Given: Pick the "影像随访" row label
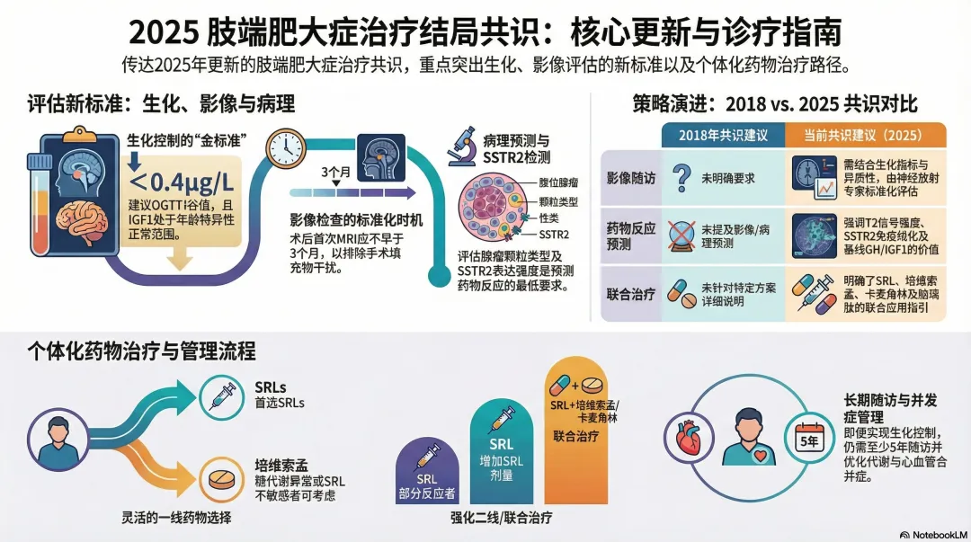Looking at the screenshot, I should pyautogui.click(x=631, y=177).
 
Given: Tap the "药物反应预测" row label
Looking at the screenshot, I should pyautogui.click(x=631, y=236).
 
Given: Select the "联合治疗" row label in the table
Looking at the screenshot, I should pyautogui.click(x=631, y=294).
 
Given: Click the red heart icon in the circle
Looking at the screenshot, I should pyautogui.click(x=692, y=438).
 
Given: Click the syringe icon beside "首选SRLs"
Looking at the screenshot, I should pyautogui.click(x=223, y=395).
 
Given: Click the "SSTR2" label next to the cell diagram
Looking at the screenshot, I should pyautogui.click(x=554, y=235).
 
